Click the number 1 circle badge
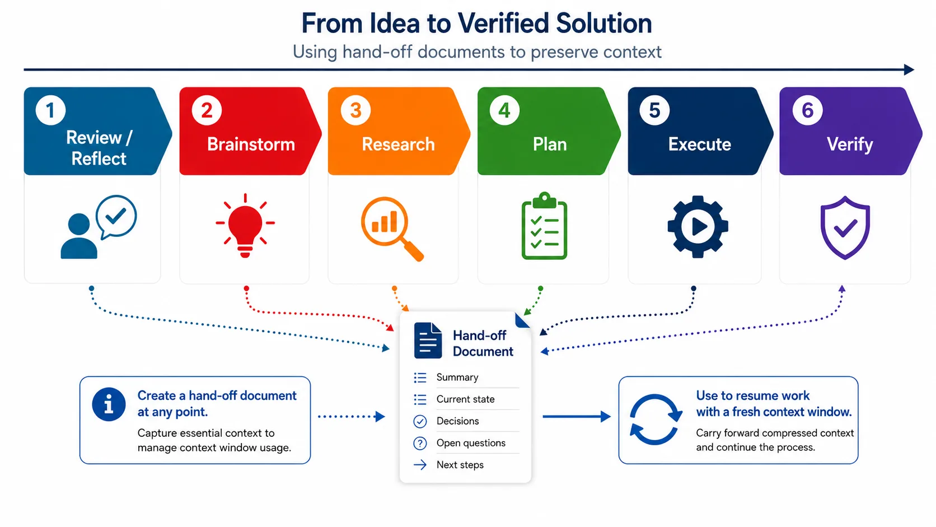50,110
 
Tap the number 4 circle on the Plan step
504,110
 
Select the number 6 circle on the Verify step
807,110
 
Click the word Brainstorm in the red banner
251,144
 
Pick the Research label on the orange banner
398,144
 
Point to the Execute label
700,144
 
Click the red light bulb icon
245,226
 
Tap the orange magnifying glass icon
392,229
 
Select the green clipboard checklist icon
544,226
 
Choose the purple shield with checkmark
845,228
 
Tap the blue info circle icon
109,404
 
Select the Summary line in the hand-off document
457,377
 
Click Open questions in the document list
471,443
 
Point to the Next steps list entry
460,465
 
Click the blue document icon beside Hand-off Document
428,341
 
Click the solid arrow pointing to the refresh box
577,416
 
